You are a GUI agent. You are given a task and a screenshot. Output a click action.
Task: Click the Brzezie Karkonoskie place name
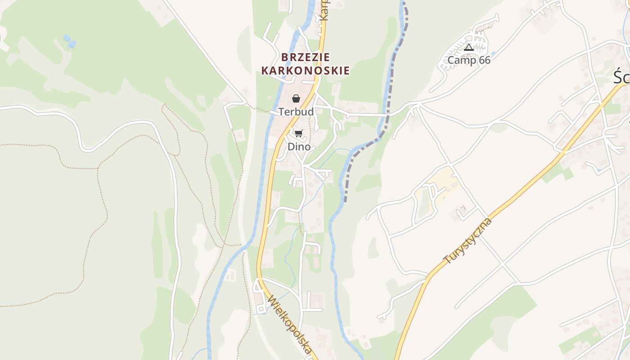[305, 64]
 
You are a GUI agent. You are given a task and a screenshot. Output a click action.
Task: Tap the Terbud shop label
[296, 112]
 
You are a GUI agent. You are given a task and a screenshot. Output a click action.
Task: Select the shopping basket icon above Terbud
[296, 99]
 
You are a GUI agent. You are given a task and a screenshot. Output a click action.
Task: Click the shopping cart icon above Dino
[299, 133]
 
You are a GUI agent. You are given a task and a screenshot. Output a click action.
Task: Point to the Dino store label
[299, 147]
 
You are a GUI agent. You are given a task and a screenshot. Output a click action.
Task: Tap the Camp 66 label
[468, 60]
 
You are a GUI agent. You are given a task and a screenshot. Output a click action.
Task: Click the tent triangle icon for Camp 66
[469, 47]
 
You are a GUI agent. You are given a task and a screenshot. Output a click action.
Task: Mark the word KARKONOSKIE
[305, 71]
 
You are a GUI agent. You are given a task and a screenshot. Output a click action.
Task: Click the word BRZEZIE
[306, 58]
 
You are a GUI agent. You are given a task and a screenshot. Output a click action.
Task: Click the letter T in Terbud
[281, 112]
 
